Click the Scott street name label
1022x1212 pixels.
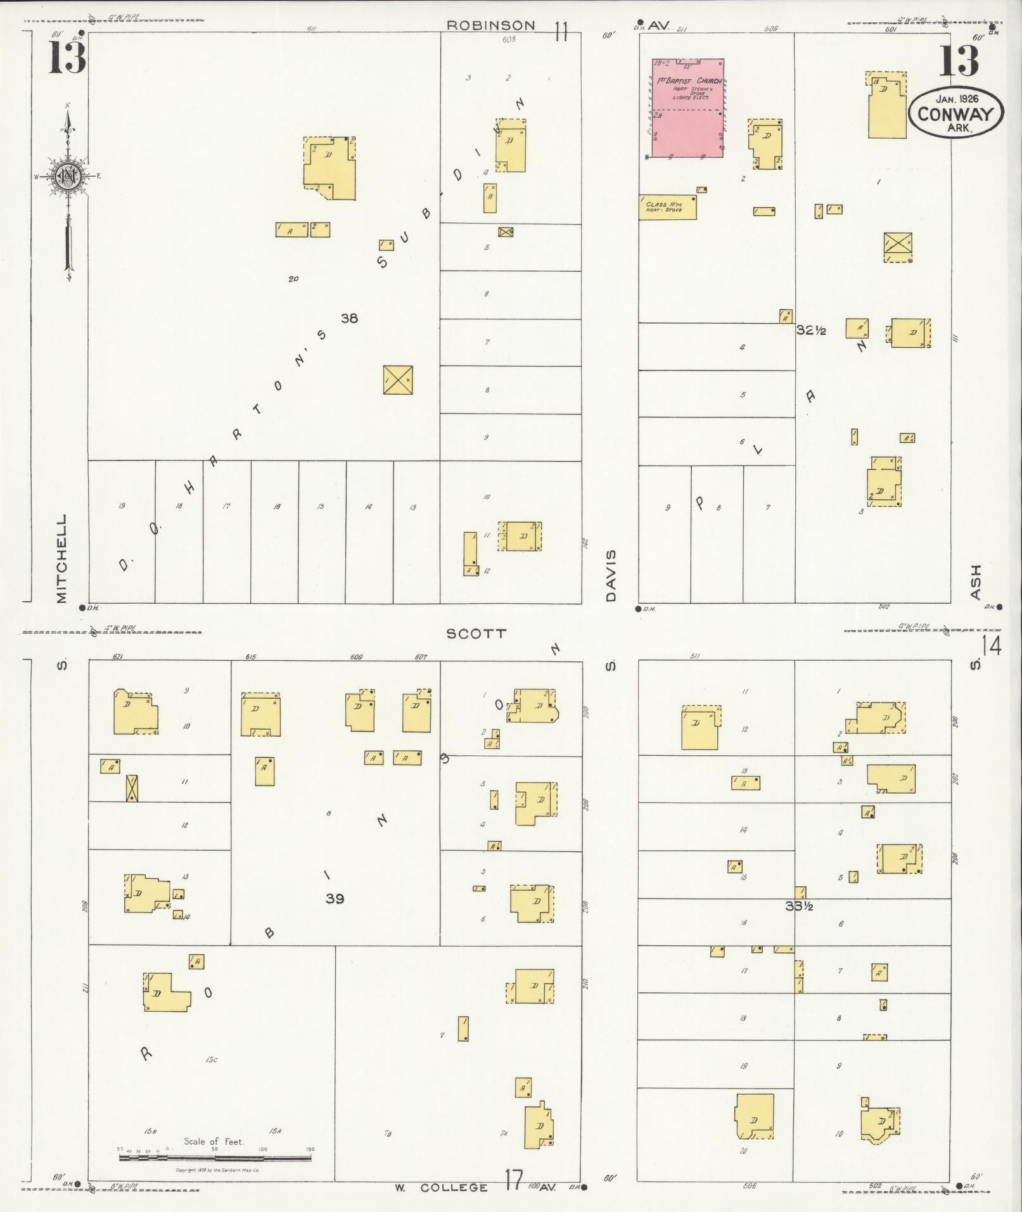[x=476, y=633]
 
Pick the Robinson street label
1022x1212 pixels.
[x=490, y=25]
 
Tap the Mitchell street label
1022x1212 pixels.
[x=61, y=558]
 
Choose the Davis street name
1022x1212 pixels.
[x=610, y=575]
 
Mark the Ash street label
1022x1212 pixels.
[x=975, y=582]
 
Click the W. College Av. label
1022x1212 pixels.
[x=454, y=1187]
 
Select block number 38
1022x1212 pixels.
[x=349, y=318]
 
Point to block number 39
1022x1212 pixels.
[x=335, y=898]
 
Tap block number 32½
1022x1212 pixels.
[x=811, y=330]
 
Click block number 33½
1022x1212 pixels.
[x=799, y=906]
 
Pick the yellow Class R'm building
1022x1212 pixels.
[x=667, y=207]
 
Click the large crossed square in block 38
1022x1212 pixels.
[x=399, y=380]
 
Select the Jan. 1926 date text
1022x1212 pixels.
[x=956, y=98]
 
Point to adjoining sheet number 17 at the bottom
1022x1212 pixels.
[x=514, y=1181]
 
